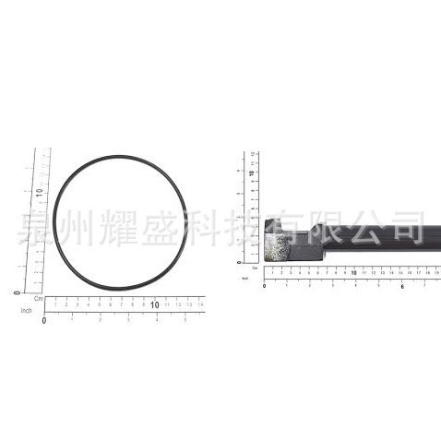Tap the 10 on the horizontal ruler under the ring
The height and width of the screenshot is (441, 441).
tap(154, 304)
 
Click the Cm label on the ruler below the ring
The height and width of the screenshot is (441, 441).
tap(39, 299)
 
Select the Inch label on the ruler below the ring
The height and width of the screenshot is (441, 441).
tap(27, 311)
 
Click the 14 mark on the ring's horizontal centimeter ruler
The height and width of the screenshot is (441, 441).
tap(200, 303)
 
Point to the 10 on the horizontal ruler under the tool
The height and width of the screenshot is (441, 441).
tap(354, 273)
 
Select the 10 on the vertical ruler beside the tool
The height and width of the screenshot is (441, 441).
tap(250, 173)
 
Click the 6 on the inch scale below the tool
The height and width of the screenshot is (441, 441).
tap(403, 285)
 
